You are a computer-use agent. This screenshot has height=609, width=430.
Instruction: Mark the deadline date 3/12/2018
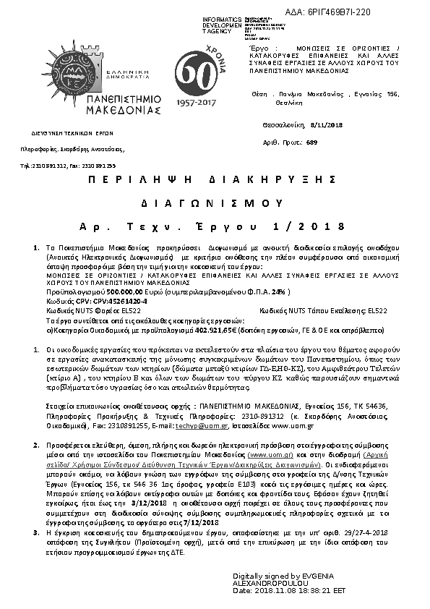(x=149, y=502)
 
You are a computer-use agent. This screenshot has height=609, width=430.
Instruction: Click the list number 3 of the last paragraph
(x=37, y=532)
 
